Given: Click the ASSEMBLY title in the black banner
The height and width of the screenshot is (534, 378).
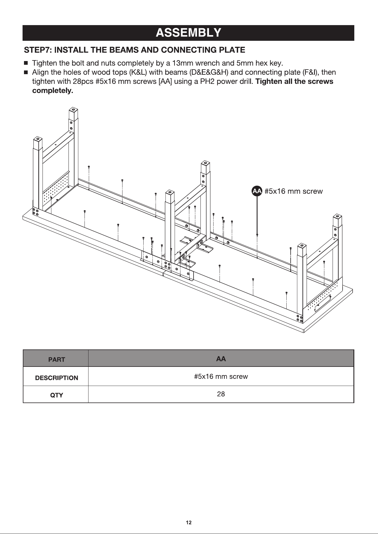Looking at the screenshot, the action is point(188,33).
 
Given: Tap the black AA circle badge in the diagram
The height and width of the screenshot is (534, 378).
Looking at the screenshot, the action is point(257,191).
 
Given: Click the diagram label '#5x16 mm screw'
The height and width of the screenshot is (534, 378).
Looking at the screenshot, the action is point(293,191).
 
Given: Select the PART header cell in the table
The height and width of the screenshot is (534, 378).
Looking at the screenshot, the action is point(56,359).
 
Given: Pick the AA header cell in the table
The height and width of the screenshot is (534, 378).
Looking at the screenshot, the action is point(221,359).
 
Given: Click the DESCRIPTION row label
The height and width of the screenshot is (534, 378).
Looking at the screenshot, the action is point(57,378).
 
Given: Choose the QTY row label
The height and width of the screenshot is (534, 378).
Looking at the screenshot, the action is point(57,395).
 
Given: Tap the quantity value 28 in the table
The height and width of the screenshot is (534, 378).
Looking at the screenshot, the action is point(221,394).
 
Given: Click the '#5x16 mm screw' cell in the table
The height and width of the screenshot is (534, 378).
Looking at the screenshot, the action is point(221,377).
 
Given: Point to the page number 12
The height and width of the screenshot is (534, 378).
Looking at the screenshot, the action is point(189,523).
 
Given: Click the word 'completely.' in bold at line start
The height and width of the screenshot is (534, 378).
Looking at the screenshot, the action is point(53,91).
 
